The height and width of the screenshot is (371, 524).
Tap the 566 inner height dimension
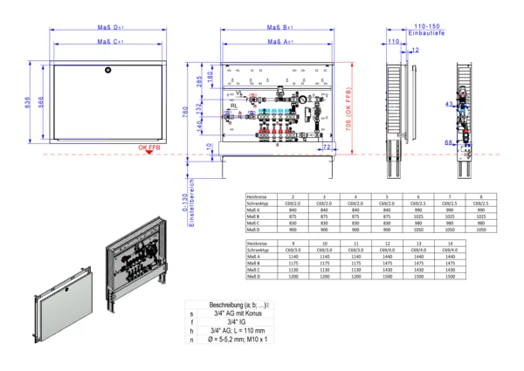tap(40, 103)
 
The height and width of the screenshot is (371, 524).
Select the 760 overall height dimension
tap(185, 113)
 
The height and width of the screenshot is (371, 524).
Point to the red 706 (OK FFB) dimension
tap(348, 109)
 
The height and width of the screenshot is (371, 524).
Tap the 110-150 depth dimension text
tap(427, 25)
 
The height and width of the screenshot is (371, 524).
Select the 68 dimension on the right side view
tap(448, 141)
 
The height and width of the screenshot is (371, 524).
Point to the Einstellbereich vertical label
tap(185, 214)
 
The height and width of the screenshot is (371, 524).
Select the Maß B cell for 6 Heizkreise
tap(418, 216)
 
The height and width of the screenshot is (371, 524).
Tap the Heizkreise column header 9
tap(293, 243)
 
